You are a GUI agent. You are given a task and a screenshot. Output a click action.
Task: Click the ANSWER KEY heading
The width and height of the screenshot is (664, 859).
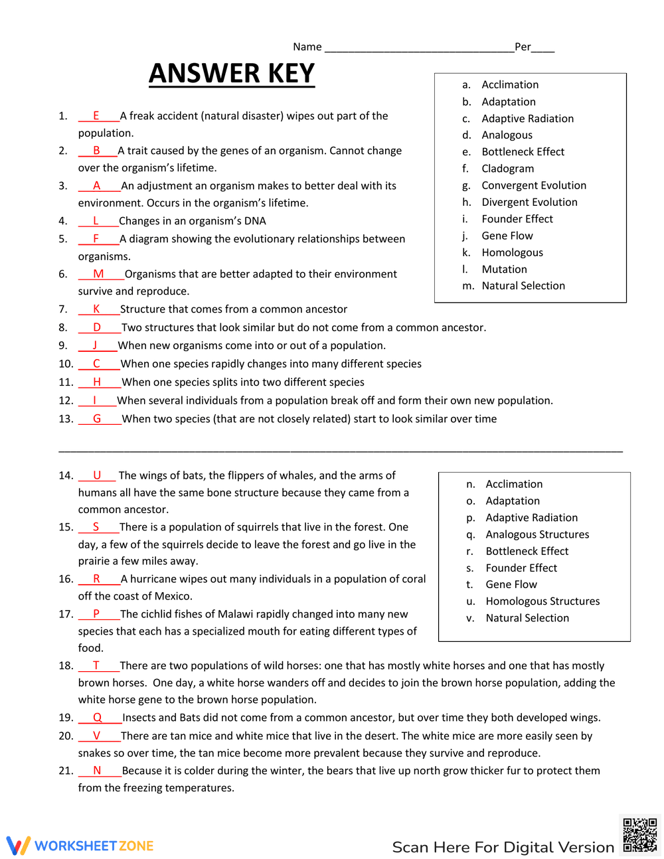click(232, 73)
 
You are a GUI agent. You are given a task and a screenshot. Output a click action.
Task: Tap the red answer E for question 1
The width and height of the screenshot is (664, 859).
click(96, 116)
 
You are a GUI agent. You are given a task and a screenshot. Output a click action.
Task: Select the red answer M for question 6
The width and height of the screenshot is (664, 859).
click(98, 274)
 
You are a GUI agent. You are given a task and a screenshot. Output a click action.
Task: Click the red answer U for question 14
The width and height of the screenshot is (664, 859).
click(97, 475)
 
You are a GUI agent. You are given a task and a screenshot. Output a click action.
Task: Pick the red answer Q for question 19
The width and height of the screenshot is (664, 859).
click(98, 718)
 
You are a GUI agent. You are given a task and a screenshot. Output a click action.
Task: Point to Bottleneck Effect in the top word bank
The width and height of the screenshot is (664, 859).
click(523, 152)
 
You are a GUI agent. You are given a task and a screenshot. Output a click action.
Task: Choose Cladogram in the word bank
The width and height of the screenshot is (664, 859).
click(507, 169)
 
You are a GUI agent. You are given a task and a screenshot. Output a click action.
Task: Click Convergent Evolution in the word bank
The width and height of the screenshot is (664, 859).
click(534, 186)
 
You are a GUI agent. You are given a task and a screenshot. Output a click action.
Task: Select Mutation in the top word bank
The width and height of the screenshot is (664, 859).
click(504, 270)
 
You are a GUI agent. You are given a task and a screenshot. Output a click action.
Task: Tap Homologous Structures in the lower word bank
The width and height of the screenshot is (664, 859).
click(542, 601)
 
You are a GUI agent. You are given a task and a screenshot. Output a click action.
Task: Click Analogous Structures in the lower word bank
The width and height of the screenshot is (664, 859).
click(537, 534)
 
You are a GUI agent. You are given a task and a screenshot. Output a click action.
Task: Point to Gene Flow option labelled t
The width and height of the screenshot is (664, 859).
click(511, 585)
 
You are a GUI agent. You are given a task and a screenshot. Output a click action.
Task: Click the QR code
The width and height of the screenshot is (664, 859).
click(639, 834)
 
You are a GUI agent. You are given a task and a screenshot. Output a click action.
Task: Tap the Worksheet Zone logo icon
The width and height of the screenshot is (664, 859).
click(19, 845)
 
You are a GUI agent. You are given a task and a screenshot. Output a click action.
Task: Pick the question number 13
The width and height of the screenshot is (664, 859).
click(66, 419)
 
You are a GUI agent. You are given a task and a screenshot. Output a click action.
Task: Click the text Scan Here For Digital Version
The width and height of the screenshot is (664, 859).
click(503, 847)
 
